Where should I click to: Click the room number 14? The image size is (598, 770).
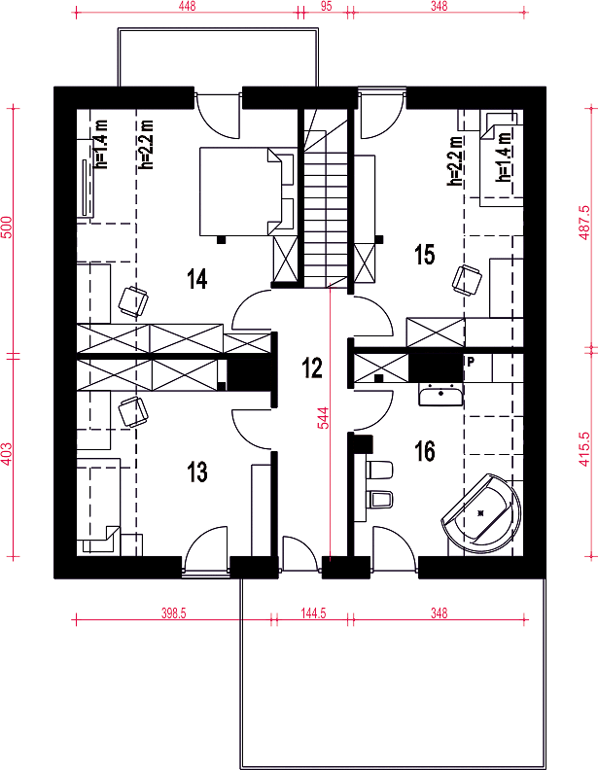point(196,278)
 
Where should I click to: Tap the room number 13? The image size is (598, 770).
point(196,472)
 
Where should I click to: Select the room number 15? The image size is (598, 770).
point(425,255)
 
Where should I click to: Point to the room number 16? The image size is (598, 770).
point(425,451)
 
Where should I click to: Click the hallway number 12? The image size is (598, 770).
point(312,367)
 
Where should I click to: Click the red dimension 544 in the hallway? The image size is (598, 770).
point(324,418)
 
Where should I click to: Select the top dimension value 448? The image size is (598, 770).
point(187,6)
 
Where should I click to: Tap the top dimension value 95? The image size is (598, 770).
point(326,6)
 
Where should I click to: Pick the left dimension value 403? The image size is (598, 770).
point(6,453)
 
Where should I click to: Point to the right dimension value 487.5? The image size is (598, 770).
point(583,223)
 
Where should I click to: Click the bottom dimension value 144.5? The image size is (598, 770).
point(313,612)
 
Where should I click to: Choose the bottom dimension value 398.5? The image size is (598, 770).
point(174,612)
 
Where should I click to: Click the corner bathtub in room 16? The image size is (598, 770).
point(481,513)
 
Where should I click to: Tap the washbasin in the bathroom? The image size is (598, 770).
point(440,395)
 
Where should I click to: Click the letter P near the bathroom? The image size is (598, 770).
point(471,362)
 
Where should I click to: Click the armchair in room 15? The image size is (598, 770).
point(467,280)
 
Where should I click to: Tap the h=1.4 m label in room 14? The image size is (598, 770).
point(102,145)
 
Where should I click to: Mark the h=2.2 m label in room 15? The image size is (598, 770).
point(455,161)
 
